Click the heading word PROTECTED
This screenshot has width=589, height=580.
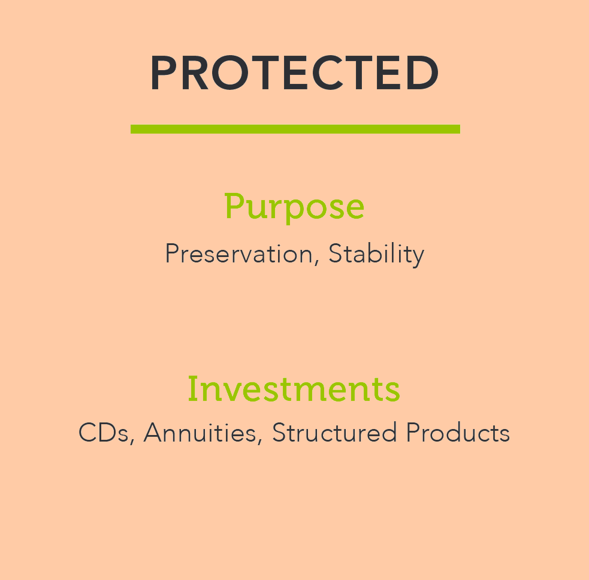(x=295, y=73)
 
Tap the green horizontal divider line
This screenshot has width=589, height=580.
(x=295, y=129)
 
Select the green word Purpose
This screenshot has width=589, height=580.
(x=294, y=207)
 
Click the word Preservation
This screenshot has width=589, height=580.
(x=239, y=253)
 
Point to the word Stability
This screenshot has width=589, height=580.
(x=376, y=255)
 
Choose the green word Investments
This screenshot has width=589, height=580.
(x=294, y=389)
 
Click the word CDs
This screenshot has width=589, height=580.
(x=104, y=433)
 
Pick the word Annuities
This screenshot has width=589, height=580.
(x=200, y=433)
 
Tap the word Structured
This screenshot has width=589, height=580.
(x=334, y=433)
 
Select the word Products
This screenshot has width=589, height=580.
(x=458, y=433)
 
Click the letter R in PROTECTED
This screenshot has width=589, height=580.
(x=195, y=73)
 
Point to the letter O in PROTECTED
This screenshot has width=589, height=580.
(x=229, y=73)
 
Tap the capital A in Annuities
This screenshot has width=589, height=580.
(x=155, y=433)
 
